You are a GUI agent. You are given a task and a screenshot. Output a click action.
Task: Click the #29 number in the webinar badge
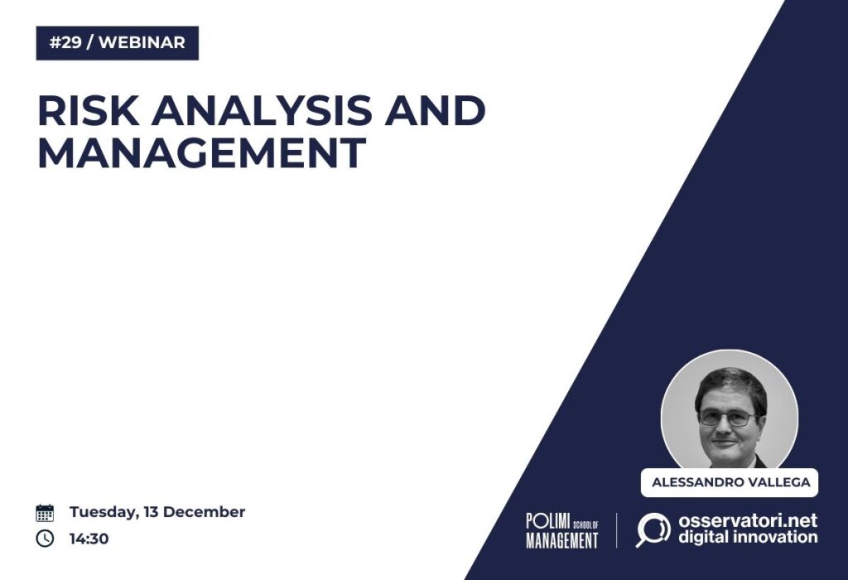coord(65,43)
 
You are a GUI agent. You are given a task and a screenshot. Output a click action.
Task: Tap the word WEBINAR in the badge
coord(142,43)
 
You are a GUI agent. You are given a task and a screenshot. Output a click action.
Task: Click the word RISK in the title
coord(88,110)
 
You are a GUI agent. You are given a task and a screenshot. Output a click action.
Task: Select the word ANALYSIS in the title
coord(261,110)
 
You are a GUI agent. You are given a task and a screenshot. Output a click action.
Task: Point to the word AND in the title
coord(435,110)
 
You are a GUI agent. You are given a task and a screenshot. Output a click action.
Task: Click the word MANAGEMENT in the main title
coord(202,152)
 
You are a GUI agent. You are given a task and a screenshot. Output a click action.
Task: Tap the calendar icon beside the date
coord(45,512)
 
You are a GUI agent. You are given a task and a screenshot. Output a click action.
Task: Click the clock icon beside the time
coord(45,539)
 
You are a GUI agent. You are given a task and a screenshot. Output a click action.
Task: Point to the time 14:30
coord(89,539)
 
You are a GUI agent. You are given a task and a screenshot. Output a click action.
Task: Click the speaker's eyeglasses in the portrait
coord(727,417)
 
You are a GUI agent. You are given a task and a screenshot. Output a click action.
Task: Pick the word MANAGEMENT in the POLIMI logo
coord(562,540)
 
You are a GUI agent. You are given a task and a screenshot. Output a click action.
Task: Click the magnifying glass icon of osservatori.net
coord(653,529)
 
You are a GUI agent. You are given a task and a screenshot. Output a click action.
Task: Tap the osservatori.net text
coord(748,520)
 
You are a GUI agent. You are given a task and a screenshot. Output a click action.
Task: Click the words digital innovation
coord(748,537)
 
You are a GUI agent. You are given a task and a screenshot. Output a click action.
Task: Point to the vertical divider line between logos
coord(616,531)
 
